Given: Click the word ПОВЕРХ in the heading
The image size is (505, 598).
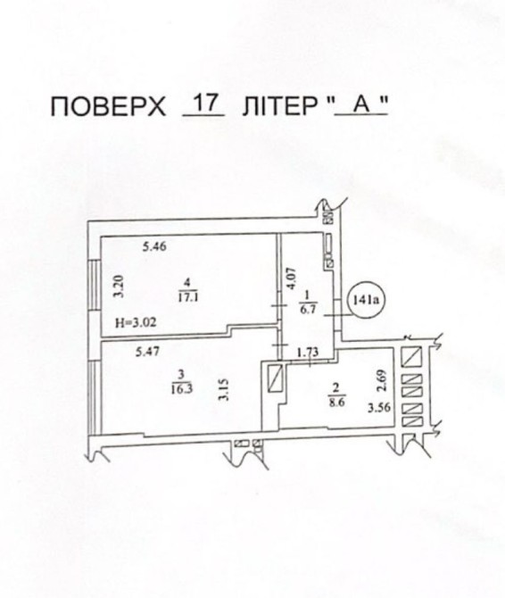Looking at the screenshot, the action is coord(108,106).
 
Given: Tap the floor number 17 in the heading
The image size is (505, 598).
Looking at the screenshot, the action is coord(204,103).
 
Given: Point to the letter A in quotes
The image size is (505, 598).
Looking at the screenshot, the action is coord(361,104).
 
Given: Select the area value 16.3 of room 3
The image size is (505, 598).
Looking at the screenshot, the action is coord(183,388).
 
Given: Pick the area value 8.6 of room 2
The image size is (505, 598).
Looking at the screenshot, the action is coord(336,403).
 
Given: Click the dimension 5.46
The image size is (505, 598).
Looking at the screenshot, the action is coord(154,246).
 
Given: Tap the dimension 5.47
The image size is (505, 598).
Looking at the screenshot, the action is coord(148,352).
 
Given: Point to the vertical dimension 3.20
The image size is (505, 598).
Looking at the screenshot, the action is coord(120,286).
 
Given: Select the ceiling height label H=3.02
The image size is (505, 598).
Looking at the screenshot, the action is coord(136,323).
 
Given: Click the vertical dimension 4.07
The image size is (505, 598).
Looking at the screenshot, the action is coord(291,279).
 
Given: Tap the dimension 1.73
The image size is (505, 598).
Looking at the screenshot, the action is coord(308,352).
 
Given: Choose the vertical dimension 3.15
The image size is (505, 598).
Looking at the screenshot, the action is coord(225,389).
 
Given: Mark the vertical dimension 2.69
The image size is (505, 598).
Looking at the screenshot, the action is coord(384,380).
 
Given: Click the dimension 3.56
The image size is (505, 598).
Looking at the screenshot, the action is coord(379,408).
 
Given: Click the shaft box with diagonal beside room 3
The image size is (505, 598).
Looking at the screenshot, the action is coord(275,378).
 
